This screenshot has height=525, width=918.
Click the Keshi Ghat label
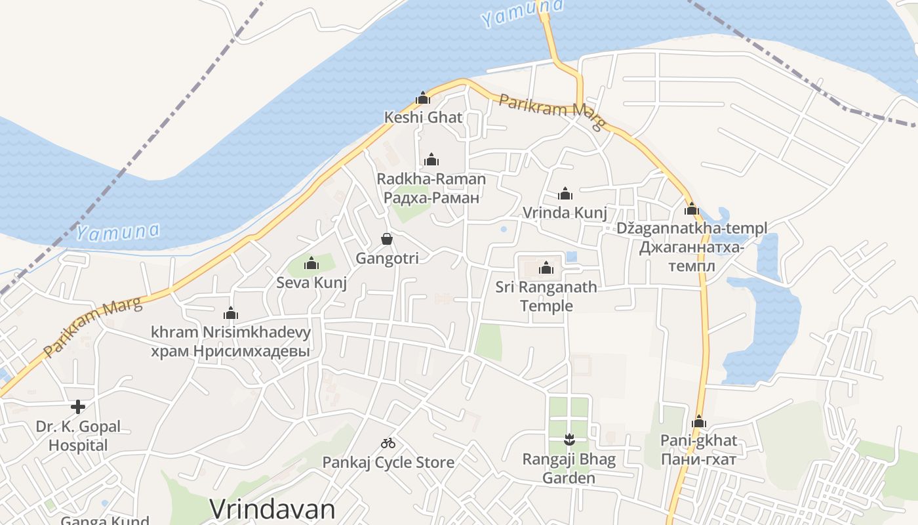pyautogui.click(x=423, y=118)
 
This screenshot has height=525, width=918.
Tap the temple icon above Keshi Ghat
pyautogui.click(x=423, y=98)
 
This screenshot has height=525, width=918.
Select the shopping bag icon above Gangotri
pyautogui.click(x=387, y=239)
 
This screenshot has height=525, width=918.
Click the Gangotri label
pyautogui.click(x=387, y=259)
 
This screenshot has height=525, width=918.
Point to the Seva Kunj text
pyautogui.click(x=311, y=283)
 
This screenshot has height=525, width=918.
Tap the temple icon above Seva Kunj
pyautogui.click(x=311, y=264)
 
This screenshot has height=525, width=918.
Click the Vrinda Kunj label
pyautogui.click(x=565, y=213)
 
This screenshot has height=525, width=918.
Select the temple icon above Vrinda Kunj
pyautogui.click(x=565, y=194)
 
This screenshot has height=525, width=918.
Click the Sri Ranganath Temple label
pyautogui.click(x=546, y=296)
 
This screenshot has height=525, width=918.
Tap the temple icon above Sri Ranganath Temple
pyautogui.click(x=546, y=268)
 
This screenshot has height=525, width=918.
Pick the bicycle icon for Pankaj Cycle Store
pyautogui.click(x=388, y=443)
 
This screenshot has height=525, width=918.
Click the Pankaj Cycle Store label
pyautogui.click(x=388, y=463)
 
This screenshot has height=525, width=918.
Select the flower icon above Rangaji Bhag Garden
pyautogui.click(x=569, y=438)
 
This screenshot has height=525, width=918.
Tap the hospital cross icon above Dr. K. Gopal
pyautogui.click(x=78, y=407)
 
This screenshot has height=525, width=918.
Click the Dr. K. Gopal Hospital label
pyautogui.click(x=78, y=436)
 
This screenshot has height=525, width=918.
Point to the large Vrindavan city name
pyautogui.click(x=272, y=509)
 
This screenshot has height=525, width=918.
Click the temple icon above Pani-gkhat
pyautogui.click(x=699, y=421)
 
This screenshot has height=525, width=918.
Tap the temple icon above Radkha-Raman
pyautogui.click(x=431, y=159)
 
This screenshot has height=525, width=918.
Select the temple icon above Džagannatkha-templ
pyautogui.click(x=692, y=209)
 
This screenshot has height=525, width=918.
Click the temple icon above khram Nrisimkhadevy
pyautogui.click(x=231, y=313)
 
